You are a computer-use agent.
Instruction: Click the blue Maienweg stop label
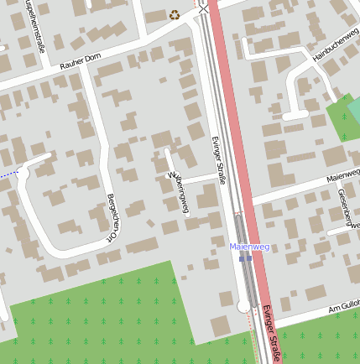click(x=249, y=247)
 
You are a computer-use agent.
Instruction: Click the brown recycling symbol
click(x=175, y=13)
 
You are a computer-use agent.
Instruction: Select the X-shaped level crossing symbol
click(x=203, y=9)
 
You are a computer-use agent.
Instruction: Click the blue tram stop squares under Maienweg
click(x=245, y=258)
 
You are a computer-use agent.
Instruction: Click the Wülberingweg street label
click(x=179, y=193)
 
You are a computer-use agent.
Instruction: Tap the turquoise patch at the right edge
click(x=354, y=110)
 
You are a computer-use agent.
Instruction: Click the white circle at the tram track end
click(x=243, y=308)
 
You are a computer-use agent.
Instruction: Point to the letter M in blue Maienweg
click(x=233, y=247)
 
